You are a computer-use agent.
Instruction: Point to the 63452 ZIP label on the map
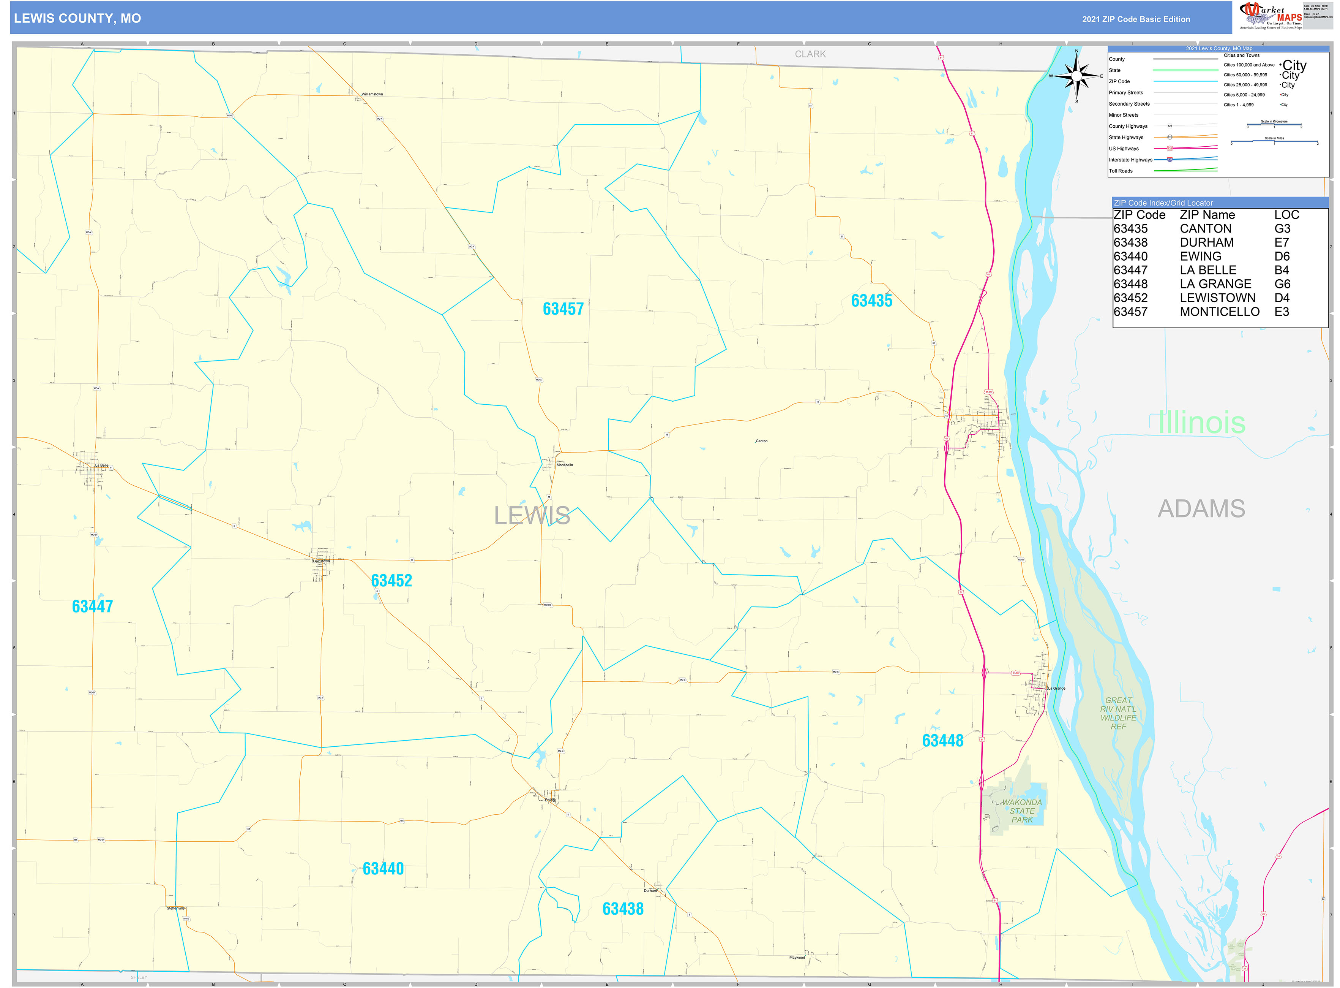(x=391, y=581)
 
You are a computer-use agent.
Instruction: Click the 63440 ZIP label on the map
(x=383, y=868)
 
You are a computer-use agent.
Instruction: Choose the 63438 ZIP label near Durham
(x=623, y=909)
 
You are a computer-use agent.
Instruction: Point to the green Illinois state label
(x=1201, y=423)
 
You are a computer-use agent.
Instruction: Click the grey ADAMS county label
(x=1201, y=509)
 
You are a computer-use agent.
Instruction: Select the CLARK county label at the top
(x=810, y=54)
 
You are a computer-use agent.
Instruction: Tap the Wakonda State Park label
(x=1021, y=811)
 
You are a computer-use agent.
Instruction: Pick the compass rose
(x=1076, y=76)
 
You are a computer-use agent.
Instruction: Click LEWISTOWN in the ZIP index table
(x=1217, y=298)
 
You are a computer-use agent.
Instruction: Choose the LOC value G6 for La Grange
(x=1282, y=284)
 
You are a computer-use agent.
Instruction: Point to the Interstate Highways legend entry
(x=1130, y=160)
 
